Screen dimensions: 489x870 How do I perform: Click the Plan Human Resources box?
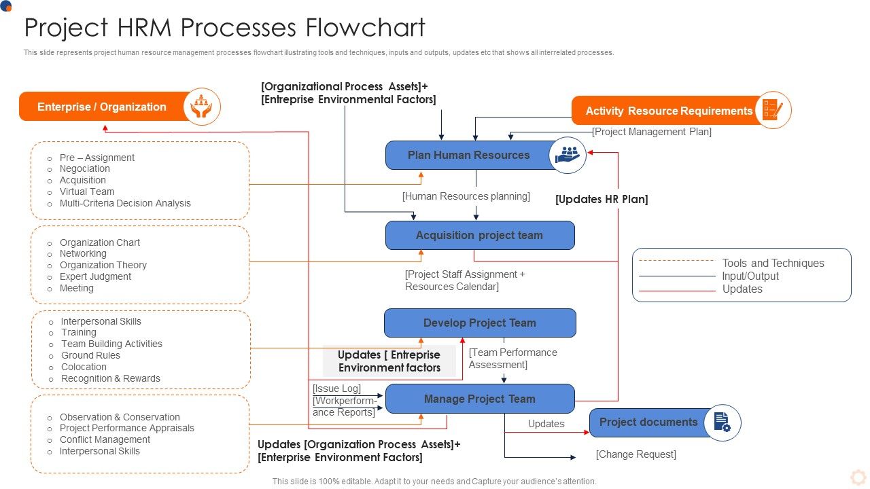(468, 155)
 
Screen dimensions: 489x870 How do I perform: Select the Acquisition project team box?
(479, 236)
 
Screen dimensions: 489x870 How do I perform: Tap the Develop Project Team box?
(479, 323)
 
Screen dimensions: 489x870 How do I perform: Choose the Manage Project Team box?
(479, 399)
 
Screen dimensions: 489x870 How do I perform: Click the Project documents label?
(648, 422)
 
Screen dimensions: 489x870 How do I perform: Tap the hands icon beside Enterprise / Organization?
(202, 107)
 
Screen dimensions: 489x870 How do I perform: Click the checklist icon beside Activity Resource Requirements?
(773, 110)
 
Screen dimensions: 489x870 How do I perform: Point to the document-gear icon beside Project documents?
(722, 422)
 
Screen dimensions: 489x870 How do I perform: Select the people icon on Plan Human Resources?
(567, 155)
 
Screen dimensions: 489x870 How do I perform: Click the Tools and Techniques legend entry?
(773, 263)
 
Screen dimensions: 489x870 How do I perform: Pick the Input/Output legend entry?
(750, 276)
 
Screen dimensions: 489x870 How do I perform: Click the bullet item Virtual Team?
(87, 192)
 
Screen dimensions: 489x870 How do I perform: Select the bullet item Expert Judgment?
(95, 276)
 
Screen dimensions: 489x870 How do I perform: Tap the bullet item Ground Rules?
(90, 355)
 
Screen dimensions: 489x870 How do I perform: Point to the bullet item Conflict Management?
(105, 439)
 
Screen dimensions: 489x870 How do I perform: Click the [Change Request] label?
(636, 454)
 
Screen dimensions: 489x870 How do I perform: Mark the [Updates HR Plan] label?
(602, 200)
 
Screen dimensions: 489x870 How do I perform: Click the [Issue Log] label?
(336, 388)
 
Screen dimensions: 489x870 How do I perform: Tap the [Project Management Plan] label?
(652, 132)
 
